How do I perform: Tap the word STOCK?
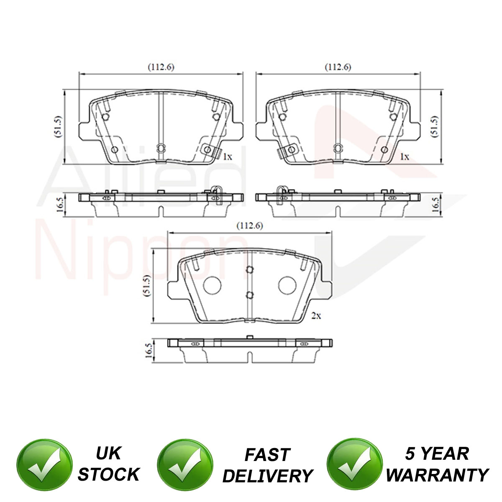click(x=109, y=474)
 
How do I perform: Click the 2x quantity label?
click(x=316, y=316)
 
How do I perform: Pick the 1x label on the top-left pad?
click(x=227, y=156)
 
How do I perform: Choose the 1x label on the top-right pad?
click(x=404, y=156)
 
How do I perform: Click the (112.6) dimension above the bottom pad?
click(x=250, y=225)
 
